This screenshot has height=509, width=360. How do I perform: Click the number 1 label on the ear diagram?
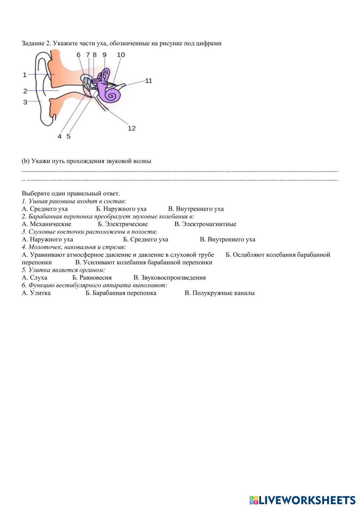click(24, 75)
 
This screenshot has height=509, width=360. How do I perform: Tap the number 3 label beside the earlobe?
click(25, 102)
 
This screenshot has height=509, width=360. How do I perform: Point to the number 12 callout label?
click(132, 128)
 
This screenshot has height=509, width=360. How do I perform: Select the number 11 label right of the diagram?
click(148, 81)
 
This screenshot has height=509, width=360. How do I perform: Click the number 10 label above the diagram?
click(121, 55)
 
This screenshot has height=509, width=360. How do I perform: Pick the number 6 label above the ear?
click(79, 55)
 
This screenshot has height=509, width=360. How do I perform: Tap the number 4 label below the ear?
click(60, 136)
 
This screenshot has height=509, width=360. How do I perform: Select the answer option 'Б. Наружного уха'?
click(121, 209)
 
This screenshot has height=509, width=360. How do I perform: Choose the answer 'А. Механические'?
click(46, 224)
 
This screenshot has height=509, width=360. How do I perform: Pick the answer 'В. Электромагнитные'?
click(205, 224)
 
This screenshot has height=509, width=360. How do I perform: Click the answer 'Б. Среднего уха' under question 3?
click(145, 239)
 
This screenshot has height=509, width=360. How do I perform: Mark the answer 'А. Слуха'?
click(35, 278)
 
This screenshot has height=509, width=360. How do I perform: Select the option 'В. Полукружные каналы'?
click(220, 293)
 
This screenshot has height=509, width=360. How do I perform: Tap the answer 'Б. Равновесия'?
click(92, 278)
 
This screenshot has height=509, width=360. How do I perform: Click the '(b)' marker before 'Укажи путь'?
click(26, 161)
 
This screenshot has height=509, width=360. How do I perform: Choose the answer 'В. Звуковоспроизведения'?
click(170, 278)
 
